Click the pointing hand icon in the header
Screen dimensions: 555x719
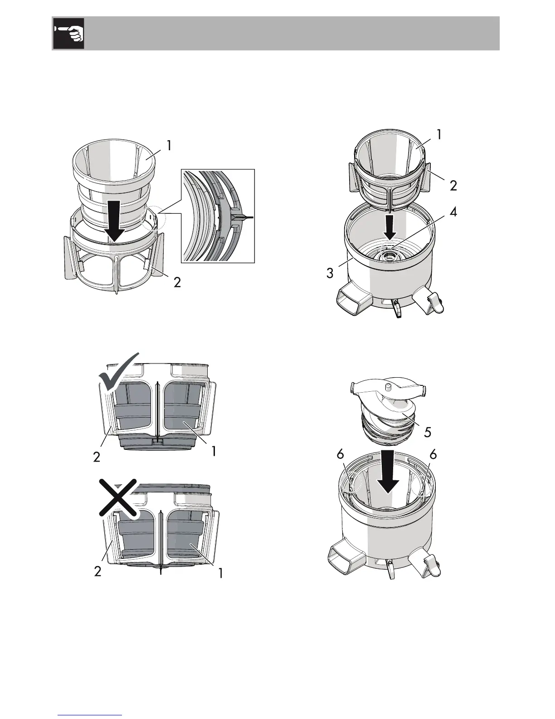(x=68, y=34)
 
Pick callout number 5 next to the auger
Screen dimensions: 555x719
(x=427, y=432)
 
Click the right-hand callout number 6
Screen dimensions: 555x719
(x=433, y=456)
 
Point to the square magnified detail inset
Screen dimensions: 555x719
(x=218, y=216)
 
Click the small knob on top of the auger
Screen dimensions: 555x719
(x=388, y=386)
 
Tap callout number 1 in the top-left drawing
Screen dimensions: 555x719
(x=169, y=146)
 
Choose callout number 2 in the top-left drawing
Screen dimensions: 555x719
(x=177, y=282)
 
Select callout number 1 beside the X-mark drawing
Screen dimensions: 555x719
(x=220, y=573)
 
